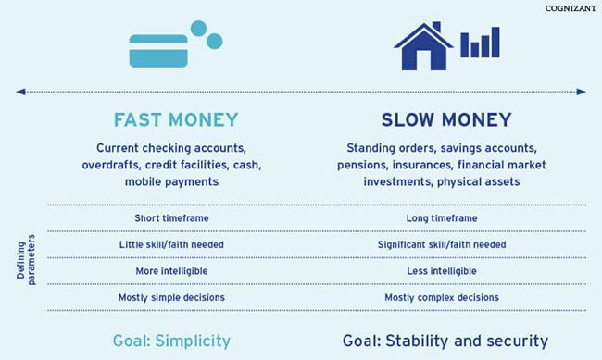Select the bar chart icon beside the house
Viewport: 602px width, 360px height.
480,43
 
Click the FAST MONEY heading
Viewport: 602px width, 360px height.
176,120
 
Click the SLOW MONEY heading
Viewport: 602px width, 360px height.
445,120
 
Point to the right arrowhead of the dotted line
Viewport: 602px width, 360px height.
582,92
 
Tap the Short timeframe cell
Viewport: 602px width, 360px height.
171,218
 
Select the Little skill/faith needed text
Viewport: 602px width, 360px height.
171,244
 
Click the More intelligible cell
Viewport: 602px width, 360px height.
171,270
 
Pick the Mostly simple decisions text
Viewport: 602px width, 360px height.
171,297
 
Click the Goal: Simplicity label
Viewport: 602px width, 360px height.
171,341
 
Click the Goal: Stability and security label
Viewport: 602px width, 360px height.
445,341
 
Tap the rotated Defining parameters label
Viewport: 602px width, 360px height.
25,257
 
